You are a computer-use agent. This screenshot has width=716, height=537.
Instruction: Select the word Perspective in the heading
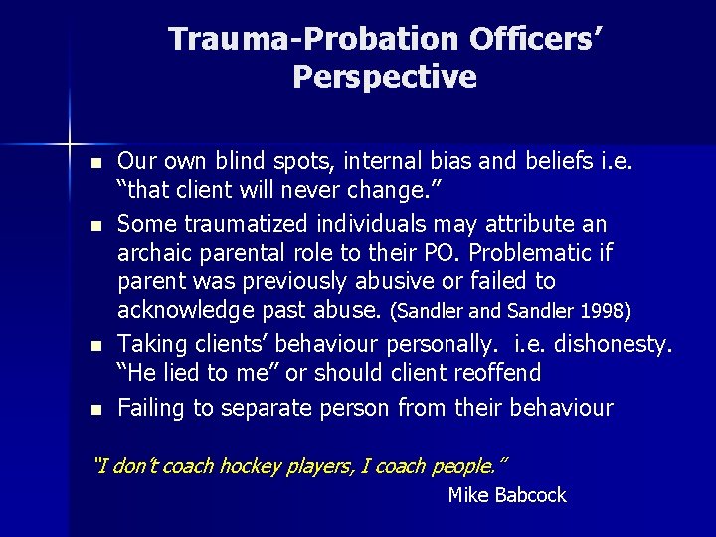(x=385, y=77)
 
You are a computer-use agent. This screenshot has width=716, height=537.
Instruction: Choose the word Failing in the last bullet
(x=149, y=407)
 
